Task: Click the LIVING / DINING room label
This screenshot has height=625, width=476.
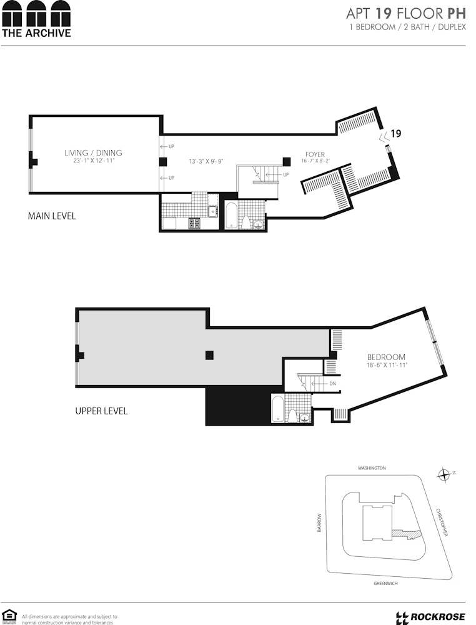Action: tap(93, 152)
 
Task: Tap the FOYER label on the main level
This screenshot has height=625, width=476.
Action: tap(315, 154)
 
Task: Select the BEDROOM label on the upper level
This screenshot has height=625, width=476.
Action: tap(386, 357)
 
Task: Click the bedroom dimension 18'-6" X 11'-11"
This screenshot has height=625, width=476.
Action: tap(386, 365)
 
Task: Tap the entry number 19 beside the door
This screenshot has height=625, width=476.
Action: tap(395, 133)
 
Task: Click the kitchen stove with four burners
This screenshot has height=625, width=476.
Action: tap(194, 222)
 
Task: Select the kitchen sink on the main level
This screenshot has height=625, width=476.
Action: tap(213, 211)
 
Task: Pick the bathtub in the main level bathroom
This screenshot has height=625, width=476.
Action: tap(231, 215)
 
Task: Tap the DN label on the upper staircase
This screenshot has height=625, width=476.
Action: tap(332, 383)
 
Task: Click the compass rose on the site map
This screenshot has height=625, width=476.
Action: tap(444, 475)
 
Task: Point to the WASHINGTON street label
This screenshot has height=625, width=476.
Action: tap(372, 467)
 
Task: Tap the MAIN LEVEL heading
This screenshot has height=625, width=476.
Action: tap(52, 216)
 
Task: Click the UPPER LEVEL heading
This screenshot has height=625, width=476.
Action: tap(101, 411)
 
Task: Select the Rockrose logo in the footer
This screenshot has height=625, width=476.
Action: tap(430, 617)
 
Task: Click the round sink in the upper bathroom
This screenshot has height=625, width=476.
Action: tap(305, 418)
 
